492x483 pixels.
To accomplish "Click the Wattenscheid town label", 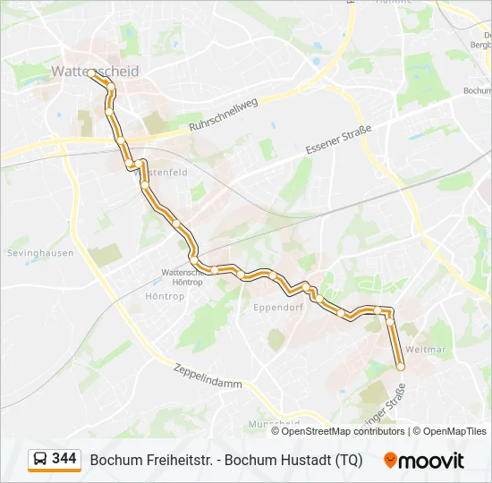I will [x=95, y=71].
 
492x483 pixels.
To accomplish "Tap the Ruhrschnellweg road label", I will [x=224, y=115].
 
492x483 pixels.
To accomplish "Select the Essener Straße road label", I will [x=338, y=139].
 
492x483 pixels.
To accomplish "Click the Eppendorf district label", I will [x=279, y=306].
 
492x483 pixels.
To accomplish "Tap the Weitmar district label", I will [x=425, y=350].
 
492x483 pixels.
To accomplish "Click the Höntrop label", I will [x=164, y=295].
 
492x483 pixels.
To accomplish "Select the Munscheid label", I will [x=274, y=423].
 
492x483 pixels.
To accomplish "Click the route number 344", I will [x=64, y=459].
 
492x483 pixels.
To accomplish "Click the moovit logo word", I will [x=433, y=461].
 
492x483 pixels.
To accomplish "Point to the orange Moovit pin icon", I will [x=391, y=461].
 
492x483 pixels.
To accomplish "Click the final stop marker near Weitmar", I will [x=401, y=367].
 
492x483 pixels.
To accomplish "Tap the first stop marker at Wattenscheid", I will [x=90, y=73].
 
